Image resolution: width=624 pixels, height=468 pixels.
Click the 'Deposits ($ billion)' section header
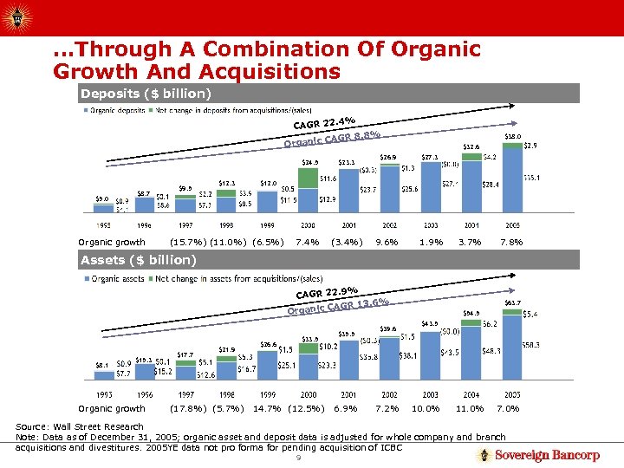tap(146, 93)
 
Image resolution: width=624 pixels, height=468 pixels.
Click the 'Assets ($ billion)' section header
tap(139, 260)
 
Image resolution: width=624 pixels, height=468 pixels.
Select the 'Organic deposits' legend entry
tap(114, 110)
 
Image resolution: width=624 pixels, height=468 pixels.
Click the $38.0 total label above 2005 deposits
tap(512, 136)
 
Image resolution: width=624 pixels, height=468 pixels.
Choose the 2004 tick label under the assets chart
tap(471, 393)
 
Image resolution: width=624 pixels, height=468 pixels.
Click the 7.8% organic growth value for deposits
tap(511, 243)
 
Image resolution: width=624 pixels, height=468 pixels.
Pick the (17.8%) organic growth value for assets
tap(187, 409)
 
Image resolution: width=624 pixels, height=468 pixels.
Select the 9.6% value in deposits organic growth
tap(386, 243)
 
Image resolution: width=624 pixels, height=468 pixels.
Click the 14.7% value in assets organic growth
tap(266, 409)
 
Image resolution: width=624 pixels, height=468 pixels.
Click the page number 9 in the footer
tap(297, 458)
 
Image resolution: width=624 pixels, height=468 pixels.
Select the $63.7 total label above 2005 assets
tap(512, 302)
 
